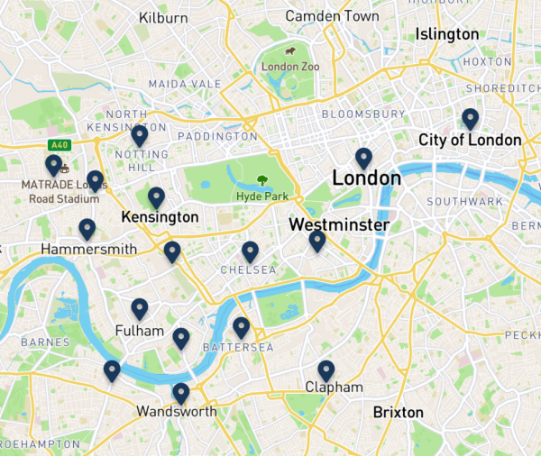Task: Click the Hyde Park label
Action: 261,196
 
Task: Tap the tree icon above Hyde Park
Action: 262,180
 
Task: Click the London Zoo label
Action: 286,67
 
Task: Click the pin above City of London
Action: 470,118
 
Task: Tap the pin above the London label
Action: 363,158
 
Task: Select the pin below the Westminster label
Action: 317,240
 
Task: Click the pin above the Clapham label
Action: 326,369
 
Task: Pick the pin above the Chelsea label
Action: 250,251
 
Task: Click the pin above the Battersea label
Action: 241,326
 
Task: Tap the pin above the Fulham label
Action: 140,308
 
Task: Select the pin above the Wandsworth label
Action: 181,393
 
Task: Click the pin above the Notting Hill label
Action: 140,135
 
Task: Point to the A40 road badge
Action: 60,144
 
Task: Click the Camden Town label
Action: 332,16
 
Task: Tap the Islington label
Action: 447,33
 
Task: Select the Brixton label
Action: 398,413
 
